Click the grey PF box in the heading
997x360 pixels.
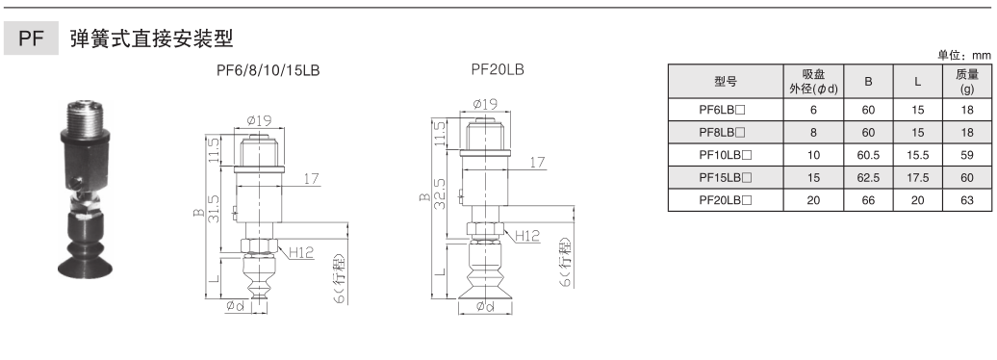tap(31, 39)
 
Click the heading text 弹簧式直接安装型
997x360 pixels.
tap(152, 39)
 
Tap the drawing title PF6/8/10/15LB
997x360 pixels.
tap(268, 70)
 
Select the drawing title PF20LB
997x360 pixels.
tap(498, 69)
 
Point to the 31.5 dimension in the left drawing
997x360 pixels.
tap(214, 209)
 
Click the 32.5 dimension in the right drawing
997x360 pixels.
tap(440, 193)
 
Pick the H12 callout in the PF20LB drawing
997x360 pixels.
tap(527, 236)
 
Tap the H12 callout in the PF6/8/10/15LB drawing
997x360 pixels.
tap(301, 252)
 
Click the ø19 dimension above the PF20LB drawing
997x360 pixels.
tap(486, 104)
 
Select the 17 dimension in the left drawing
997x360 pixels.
tap(311, 179)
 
